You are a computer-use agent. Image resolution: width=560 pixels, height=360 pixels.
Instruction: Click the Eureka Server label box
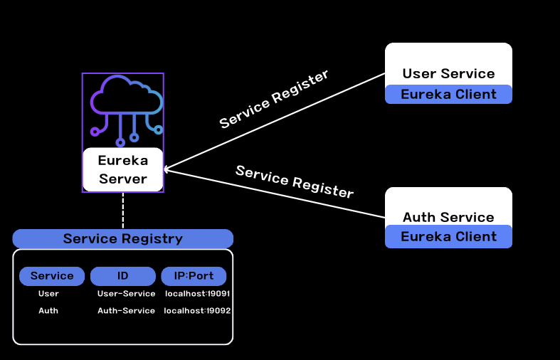[123, 169]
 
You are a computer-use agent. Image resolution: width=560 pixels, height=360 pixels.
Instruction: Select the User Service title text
[448, 73]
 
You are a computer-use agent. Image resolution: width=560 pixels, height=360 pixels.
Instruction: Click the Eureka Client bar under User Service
[448, 94]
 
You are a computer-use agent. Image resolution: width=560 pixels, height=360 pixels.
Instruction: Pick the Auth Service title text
[448, 217]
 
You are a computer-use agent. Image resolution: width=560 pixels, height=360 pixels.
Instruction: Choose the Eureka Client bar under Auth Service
[448, 236]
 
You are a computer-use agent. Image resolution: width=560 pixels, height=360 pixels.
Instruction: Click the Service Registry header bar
[123, 238]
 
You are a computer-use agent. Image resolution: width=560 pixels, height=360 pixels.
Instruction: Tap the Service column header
[52, 276]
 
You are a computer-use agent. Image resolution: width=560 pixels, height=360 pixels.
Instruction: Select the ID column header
[122, 276]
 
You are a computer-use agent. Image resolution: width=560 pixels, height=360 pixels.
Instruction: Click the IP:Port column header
[194, 276]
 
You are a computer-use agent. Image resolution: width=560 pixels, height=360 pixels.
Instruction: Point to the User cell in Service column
[48, 293]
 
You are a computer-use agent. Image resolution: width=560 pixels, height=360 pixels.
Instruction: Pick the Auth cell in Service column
[48, 310]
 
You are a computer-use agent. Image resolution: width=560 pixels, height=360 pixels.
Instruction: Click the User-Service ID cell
[126, 293]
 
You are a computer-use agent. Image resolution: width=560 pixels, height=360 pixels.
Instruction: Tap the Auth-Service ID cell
[126, 310]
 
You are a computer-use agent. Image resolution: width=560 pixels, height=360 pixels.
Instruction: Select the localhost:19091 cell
[197, 293]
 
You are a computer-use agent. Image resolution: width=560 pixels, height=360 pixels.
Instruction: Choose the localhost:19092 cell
[197, 310]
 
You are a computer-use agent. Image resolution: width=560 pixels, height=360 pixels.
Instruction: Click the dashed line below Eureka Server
[123, 211]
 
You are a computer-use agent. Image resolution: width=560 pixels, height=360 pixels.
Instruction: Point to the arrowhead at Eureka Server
[166, 169]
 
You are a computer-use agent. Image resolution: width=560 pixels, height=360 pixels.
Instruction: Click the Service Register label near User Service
[274, 99]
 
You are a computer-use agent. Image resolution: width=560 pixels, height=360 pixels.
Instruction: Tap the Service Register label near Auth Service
[295, 181]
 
